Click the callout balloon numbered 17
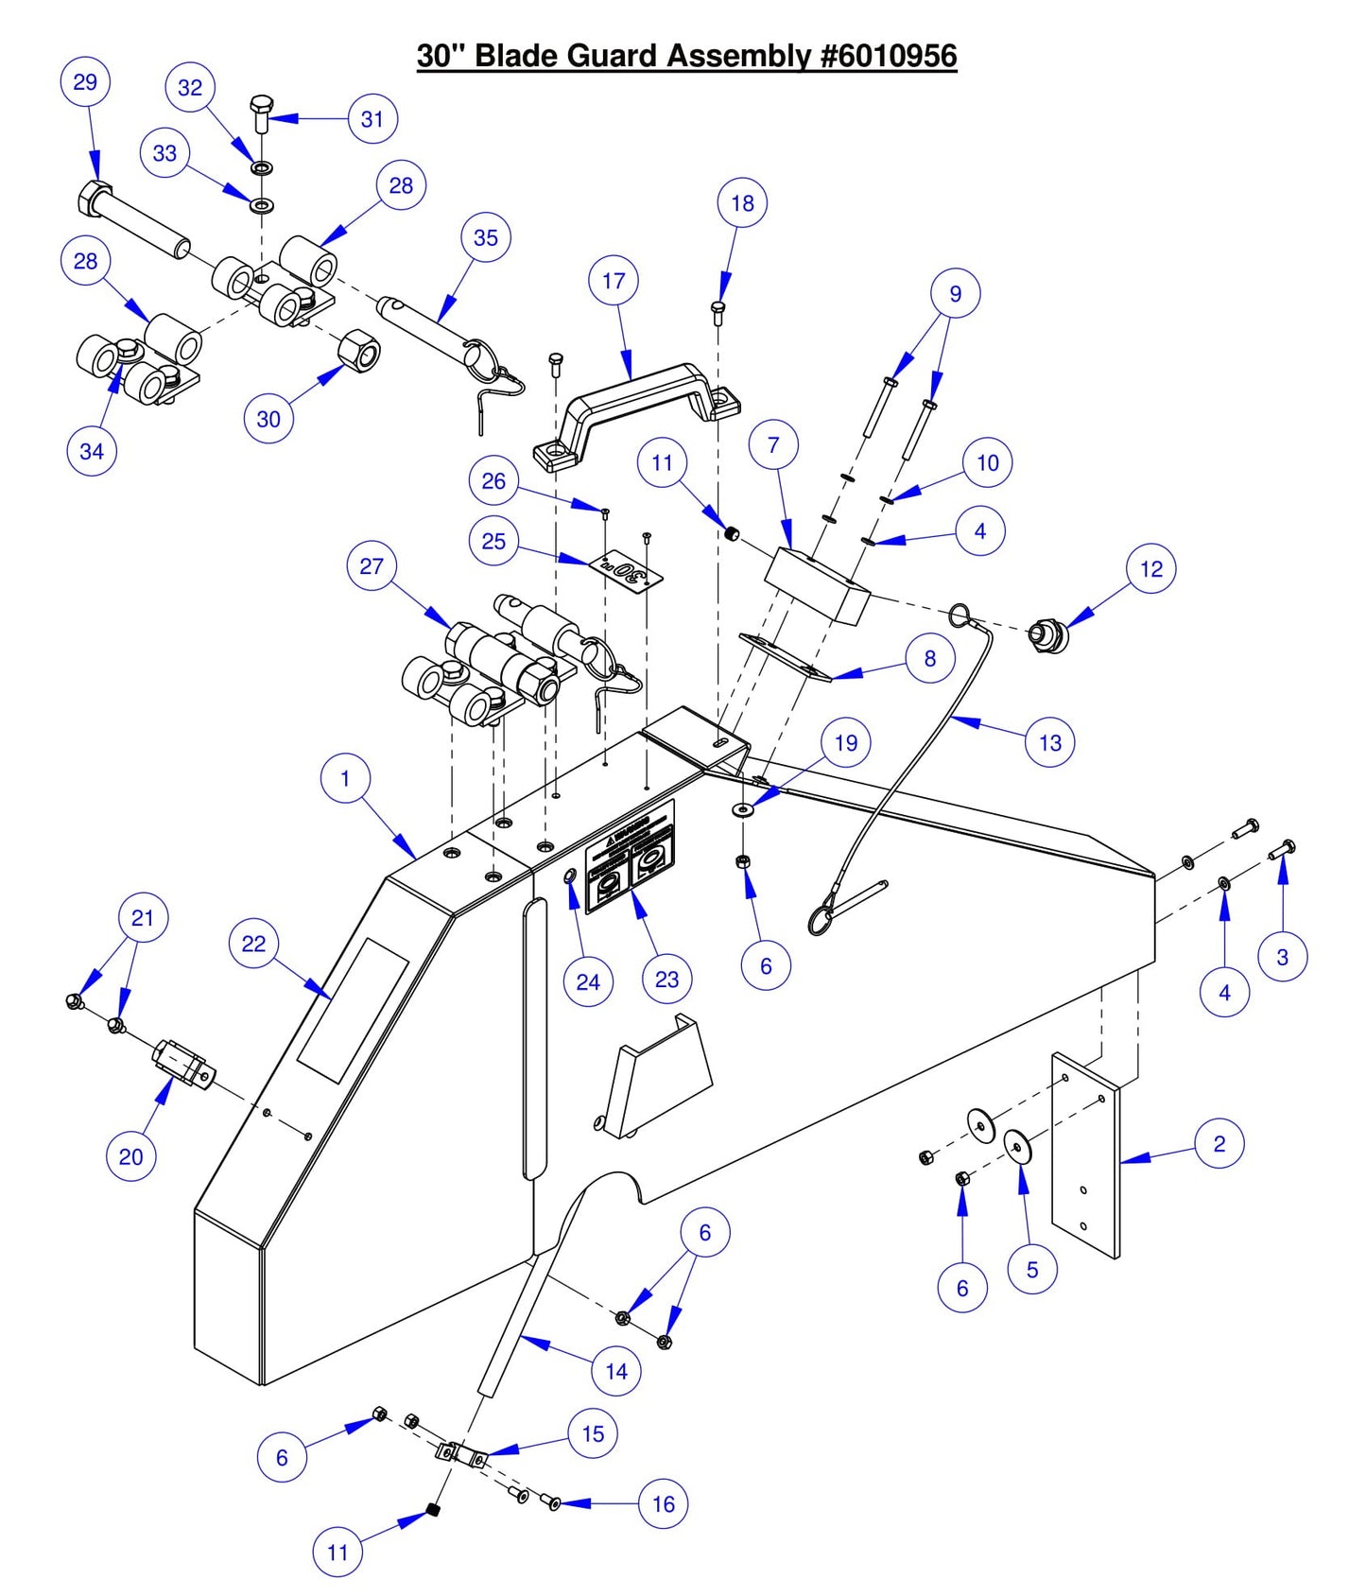pos(614,281)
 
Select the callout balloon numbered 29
pos(85,82)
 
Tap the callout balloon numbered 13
pos(1049,743)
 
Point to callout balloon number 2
pos(1219,1144)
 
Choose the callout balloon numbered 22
pos(253,944)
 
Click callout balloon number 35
pos(485,238)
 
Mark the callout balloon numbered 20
pos(131,1156)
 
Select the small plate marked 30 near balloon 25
pos(626,571)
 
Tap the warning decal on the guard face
pos(631,857)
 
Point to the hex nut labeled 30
pos(360,351)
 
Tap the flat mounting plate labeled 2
pos(1085,1155)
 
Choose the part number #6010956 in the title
pos(888,56)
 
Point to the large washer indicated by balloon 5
pos(1018,1146)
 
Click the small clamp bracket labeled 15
pos(461,1453)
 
